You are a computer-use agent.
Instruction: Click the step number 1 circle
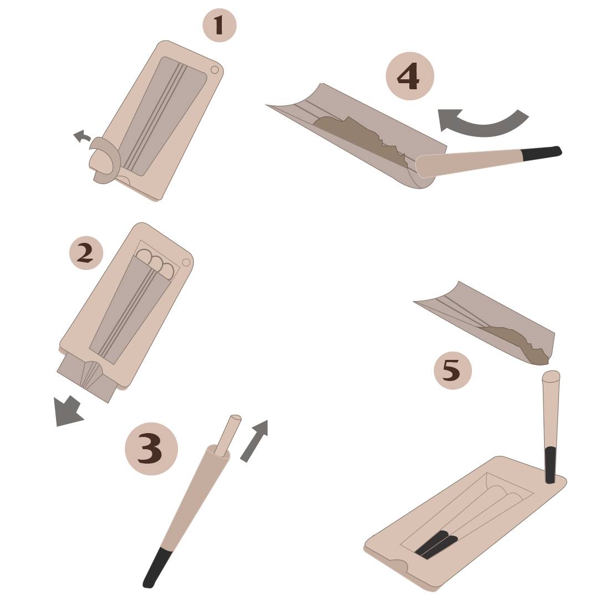tap(220, 26)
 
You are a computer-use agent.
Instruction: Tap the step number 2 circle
tap(86, 253)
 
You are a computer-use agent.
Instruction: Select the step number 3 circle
tap(151, 448)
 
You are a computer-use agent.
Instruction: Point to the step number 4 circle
tap(410, 76)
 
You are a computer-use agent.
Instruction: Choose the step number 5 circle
tap(453, 370)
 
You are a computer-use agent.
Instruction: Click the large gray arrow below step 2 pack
tap(68, 411)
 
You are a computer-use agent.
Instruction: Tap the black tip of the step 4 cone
tap(542, 152)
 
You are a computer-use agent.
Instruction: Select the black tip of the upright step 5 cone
tap(550, 465)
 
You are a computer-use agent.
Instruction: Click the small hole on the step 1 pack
tap(215, 70)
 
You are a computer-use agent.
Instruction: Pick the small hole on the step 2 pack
tap(186, 262)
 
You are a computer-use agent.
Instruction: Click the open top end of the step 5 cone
tap(551, 376)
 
